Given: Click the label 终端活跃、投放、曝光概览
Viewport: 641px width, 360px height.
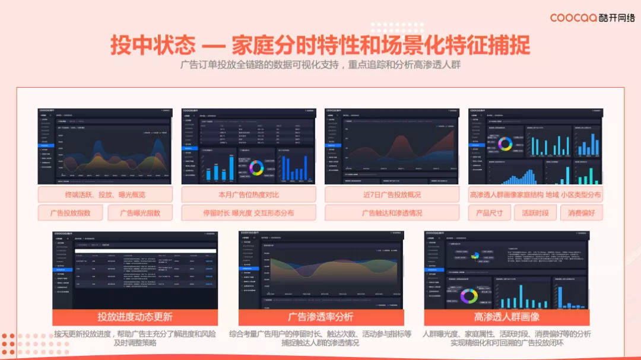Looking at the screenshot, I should [105, 195].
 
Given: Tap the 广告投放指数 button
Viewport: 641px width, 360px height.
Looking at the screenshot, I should [71, 213].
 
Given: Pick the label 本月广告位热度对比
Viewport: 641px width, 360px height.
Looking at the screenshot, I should [249, 195].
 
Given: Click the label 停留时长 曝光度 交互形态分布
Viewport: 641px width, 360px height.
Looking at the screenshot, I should [249, 213].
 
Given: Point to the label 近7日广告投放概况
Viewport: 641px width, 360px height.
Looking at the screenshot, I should [392, 195].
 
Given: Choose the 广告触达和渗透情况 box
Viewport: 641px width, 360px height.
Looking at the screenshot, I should [392, 213].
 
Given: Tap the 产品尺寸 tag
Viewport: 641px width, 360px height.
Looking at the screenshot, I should [489, 213].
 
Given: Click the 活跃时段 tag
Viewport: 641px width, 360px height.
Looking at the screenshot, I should [535, 213].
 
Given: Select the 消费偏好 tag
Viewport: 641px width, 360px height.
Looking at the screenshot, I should [581, 213].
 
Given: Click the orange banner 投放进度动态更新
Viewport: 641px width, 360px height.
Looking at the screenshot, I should [135, 317].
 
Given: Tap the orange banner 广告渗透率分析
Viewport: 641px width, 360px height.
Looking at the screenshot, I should [320, 317].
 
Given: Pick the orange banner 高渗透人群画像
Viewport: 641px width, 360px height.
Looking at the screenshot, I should [506, 317].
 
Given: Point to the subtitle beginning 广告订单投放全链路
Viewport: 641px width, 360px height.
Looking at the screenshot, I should [320, 65].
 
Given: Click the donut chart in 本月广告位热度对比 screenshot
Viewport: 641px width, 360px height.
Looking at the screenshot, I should [256, 167].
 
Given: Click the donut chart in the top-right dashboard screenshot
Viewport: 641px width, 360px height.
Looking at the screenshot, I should [505, 144].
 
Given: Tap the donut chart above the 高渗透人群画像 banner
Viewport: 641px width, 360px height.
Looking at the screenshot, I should [469, 295].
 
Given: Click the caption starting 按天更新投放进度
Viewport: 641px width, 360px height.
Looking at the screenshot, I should [135, 338].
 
